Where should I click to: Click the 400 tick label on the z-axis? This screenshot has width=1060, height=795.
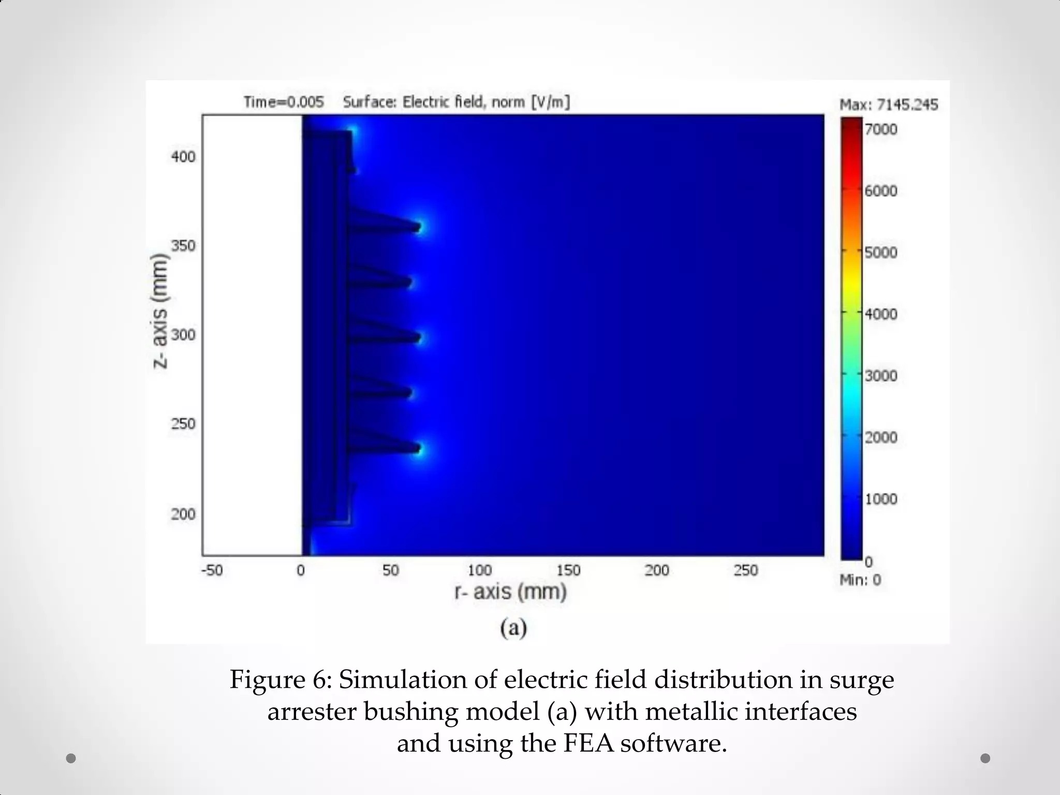tap(183, 156)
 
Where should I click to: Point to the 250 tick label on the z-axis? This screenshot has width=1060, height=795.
tap(183, 424)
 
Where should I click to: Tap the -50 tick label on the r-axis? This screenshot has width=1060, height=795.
tap(211, 570)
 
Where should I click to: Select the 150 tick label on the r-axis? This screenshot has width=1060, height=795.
tap(568, 570)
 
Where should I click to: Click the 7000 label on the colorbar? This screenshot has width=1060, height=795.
tap(881, 129)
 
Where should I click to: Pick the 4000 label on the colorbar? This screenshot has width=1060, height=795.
tap(881, 314)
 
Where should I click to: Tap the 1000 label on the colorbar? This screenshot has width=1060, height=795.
tap(881, 499)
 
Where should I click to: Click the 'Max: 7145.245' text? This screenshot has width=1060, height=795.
tap(888, 105)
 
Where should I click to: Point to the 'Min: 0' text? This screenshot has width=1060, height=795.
tap(860, 580)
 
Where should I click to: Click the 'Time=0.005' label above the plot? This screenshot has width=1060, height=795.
tap(284, 102)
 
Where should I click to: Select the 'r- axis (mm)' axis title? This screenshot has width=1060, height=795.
tap(510, 592)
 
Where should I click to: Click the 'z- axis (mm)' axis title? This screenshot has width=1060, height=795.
tap(161, 311)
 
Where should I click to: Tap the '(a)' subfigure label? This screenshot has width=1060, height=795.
tap(513, 628)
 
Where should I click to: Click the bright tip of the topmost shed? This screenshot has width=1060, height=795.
tap(420, 226)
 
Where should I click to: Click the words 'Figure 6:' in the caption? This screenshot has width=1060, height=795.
tap(277, 680)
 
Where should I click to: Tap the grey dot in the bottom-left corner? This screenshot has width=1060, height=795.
tap(71, 758)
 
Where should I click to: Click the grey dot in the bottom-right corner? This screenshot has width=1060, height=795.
tap(985, 758)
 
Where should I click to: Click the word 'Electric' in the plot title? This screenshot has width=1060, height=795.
tap(426, 102)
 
